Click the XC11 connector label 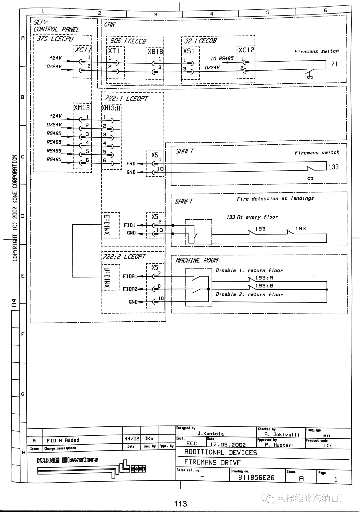[83, 50]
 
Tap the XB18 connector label [155, 51]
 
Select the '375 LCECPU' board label [55, 39]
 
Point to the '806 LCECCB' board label [128, 41]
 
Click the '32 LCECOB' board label [201, 41]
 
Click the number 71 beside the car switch [334, 64]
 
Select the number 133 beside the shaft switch [333, 167]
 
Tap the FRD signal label [131, 164]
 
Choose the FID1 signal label [129, 225]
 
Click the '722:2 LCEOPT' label [124, 257]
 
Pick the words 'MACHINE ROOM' [197, 260]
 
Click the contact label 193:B [264, 286]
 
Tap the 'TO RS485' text [222, 59]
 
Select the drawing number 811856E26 [256, 478]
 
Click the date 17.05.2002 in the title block [228, 444]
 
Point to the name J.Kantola [211, 433]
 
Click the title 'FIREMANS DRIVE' [212, 462]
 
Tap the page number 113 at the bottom [180, 504]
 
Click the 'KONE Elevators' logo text [67, 460]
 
